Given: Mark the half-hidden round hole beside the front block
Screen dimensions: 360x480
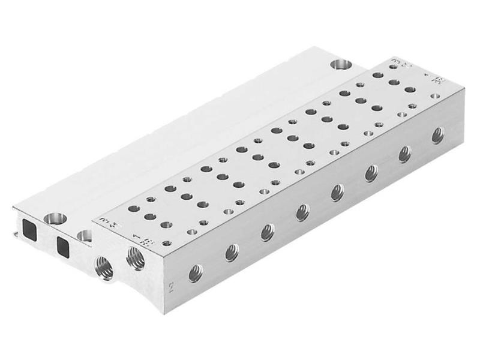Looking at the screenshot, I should [84, 235].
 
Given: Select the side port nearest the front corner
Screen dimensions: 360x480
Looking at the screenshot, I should [196, 273].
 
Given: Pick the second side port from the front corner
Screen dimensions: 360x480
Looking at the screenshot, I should [232, 253].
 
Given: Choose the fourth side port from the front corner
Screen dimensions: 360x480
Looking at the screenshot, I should [303, 212].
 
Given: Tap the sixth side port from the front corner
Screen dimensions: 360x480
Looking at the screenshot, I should [371, 173].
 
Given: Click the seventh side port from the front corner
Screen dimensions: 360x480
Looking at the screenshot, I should [405, 154].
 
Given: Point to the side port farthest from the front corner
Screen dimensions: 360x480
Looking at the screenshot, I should [438, 134].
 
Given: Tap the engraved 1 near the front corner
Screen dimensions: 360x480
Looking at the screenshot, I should [139, 238].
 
